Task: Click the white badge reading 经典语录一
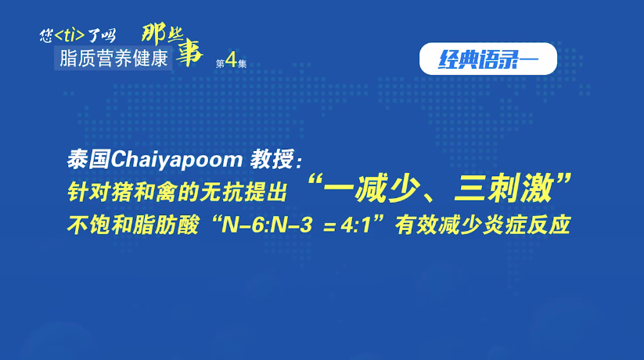click(488, 59)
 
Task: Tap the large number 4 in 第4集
click(232, 60)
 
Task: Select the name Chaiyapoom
click(177, 160)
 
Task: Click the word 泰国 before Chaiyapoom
click(88, 160)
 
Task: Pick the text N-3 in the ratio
click(291, 225)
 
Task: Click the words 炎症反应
click(527, 225)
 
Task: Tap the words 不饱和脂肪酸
click(133, 225)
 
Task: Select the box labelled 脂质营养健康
click(113, 58)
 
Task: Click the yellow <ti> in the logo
click(70, 35)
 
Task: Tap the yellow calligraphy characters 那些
click(163, 33)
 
